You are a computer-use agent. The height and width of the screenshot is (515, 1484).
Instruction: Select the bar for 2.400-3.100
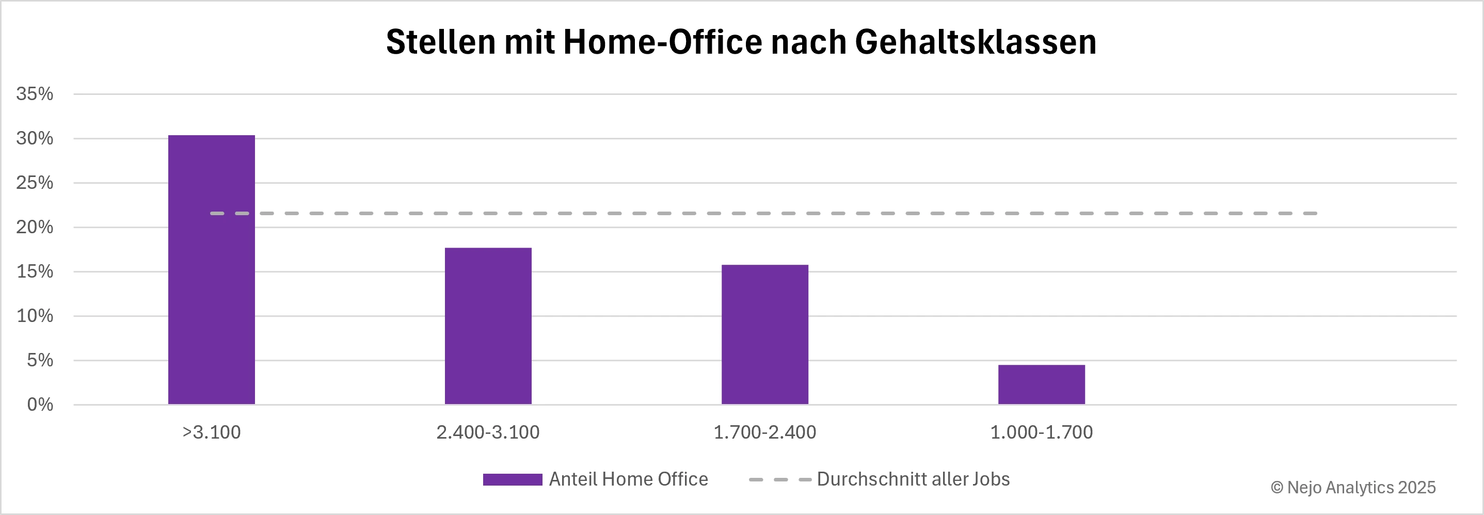[488, 326]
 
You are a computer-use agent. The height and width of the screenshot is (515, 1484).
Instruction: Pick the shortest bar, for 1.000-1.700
[1041, 384]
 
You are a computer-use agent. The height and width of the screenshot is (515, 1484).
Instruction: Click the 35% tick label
[35, 94]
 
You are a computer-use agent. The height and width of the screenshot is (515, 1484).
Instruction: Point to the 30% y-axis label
[35, 138]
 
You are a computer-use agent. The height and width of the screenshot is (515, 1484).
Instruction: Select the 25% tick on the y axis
[35, 183]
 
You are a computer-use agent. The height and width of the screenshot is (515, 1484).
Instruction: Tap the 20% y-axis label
[35, 227]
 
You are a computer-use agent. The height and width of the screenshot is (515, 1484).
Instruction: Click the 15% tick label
[35, 271]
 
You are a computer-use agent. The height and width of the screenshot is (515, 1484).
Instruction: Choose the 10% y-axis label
[35, 316]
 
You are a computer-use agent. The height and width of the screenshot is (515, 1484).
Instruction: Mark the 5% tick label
[39, 360]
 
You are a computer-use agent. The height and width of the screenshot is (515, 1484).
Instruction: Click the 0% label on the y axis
[40, 405]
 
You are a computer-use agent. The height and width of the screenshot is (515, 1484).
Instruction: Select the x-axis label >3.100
[212, 432]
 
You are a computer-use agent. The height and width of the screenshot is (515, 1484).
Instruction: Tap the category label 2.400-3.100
[488, 432]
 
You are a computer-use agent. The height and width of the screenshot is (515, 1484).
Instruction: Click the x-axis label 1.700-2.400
[764, 432]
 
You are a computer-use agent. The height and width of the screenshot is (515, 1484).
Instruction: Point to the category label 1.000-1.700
[1041, 432]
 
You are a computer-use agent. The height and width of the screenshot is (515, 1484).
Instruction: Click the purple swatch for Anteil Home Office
[512, 479]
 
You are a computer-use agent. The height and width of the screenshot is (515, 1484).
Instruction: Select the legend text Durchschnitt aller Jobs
[913, 479]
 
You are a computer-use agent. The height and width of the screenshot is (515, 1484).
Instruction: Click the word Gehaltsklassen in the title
[976, 42]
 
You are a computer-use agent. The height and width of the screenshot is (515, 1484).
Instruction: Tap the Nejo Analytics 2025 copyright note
[1353, 487]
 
